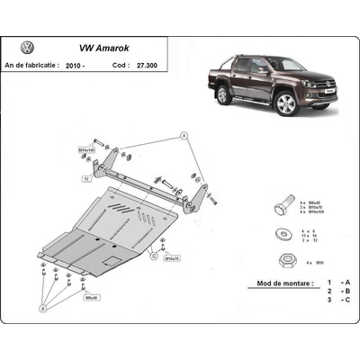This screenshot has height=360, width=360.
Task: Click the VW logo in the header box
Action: coord(27,49)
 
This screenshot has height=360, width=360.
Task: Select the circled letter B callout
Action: coord(42,308)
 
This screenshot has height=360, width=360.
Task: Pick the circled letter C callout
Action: coord(154,256)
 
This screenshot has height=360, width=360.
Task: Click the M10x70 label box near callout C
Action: coord(172,258)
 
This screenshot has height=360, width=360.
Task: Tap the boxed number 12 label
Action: coord(86,179)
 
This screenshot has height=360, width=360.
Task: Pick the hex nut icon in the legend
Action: coord(283,260)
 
